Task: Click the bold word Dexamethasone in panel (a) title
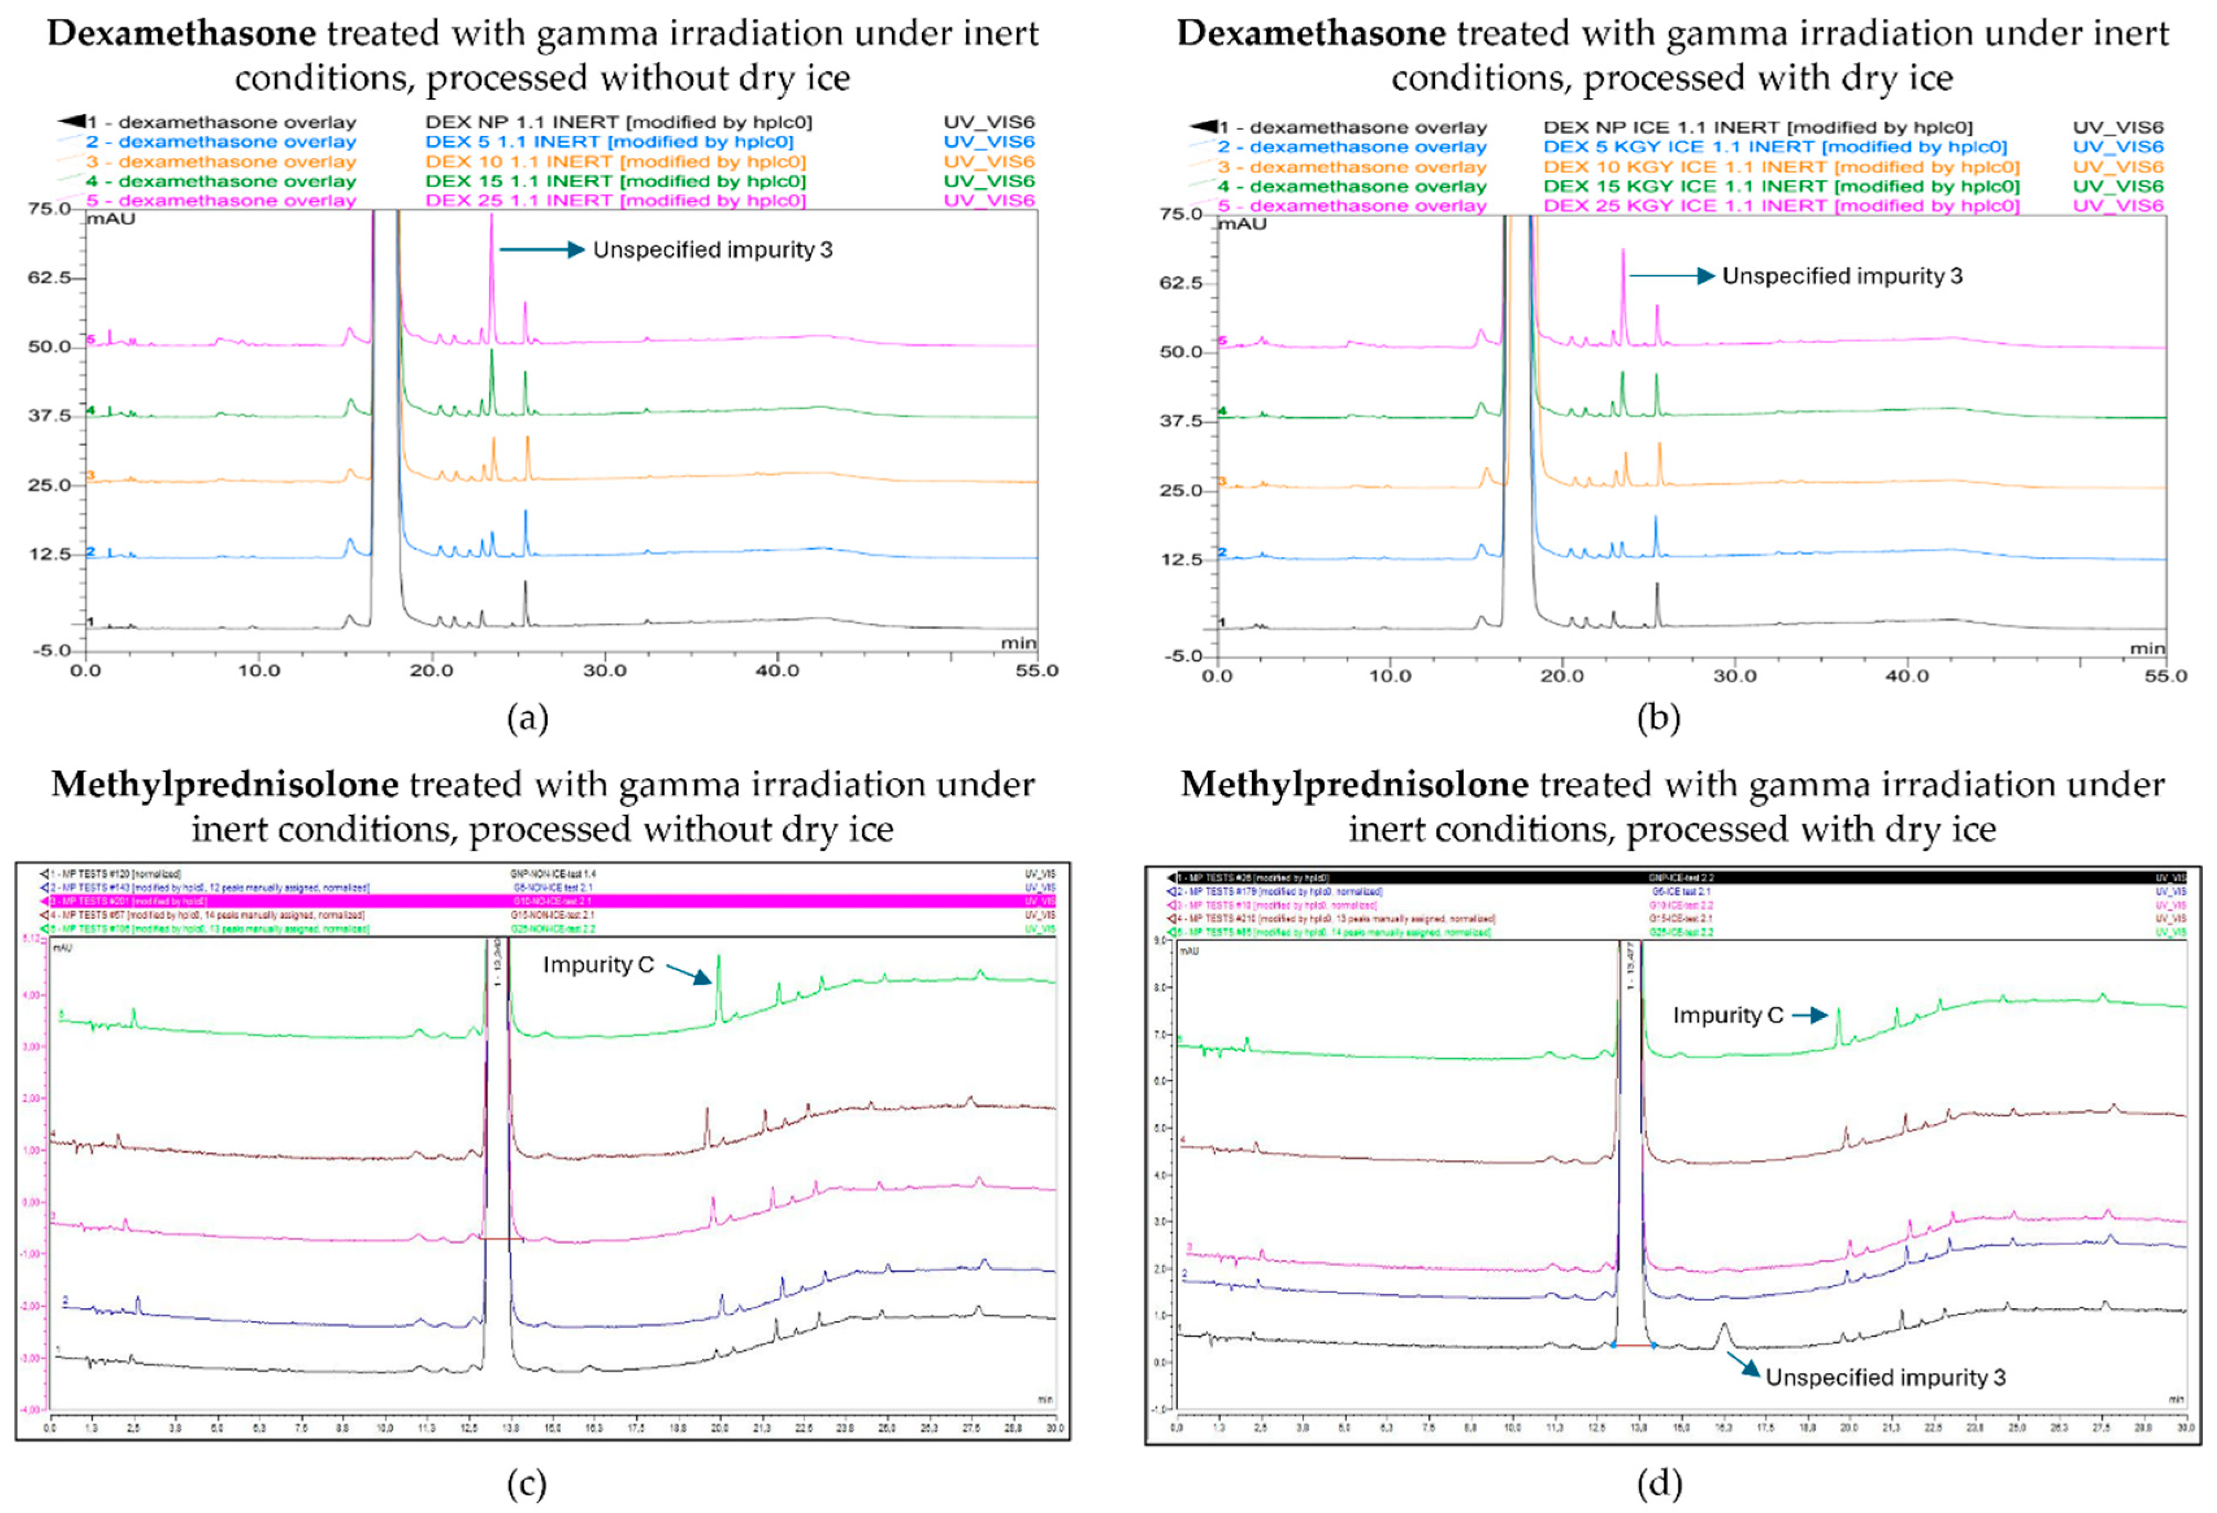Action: click(x=181, y=34)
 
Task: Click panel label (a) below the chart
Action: click(x=527, y=717)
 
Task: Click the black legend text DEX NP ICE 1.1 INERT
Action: click(x=1757, y=127)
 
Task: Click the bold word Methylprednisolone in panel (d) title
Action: click(x=1354, y=784)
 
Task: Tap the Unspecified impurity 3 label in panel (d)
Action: click(x=1885, y=1378)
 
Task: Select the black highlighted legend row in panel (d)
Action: click(x=1669, y=877)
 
